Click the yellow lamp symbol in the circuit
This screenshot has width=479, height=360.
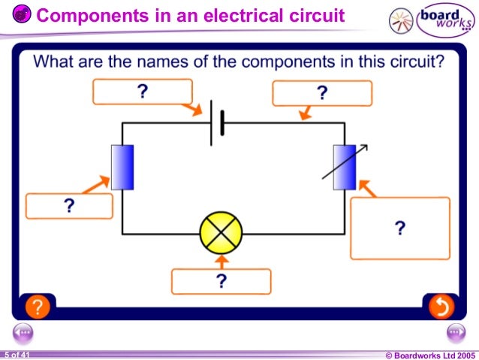click(221, 233)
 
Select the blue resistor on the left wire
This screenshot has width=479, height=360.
click(122, 167)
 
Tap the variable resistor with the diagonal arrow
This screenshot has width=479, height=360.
click(344, 167)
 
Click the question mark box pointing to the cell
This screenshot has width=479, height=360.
click(142, 92)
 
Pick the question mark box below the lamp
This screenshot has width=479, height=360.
click(221, 282)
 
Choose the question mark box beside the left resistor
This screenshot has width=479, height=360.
click(69, 206)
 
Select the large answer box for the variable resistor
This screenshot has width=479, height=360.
click(399, 228)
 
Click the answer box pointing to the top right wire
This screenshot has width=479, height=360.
click(321, 93)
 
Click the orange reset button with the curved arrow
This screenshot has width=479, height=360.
click(441, 307)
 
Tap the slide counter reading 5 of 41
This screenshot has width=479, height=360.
click(16, 354)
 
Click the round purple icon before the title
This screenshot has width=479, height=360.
click(23, 14)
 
